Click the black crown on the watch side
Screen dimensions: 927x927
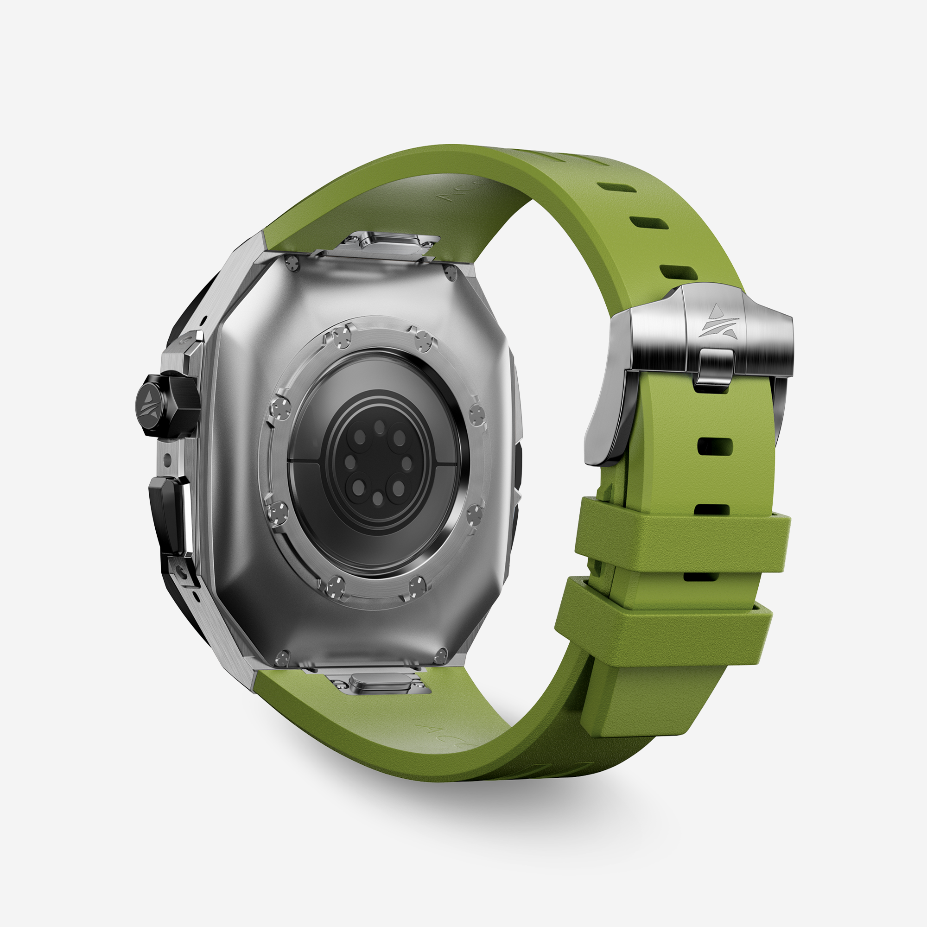tap(168, 406)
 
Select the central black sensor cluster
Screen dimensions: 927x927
tap(378, 463)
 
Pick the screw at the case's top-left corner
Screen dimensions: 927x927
tap(292, 262)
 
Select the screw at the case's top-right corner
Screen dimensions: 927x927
tap(450, 273)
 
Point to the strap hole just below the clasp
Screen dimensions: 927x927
tap(715, 446)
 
